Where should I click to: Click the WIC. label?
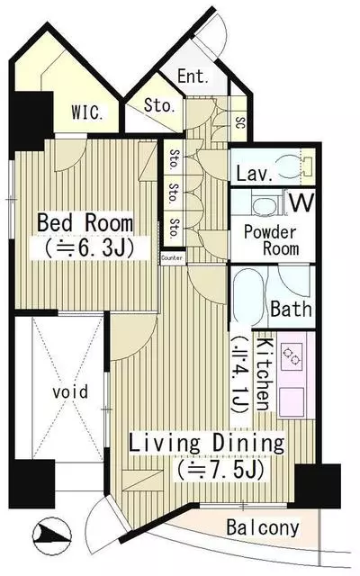pos(87,112)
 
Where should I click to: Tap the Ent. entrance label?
pos(193,76)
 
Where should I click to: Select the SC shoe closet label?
pos(239,122)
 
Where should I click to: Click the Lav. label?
pos(255,173)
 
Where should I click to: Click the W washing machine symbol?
pos(302,202)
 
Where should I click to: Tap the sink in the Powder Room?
pos(265,203)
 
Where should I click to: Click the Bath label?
pos(291,309)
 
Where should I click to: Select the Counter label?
pos(172,258)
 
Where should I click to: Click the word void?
pos(70,391)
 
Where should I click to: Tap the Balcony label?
pos(263,528)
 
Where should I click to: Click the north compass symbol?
pos(51,535)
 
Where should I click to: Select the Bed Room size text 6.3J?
pos(89,248)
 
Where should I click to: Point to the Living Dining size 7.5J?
pos(220,470)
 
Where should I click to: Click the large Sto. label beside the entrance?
pos(158,106)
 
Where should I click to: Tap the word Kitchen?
pos(264,373)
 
